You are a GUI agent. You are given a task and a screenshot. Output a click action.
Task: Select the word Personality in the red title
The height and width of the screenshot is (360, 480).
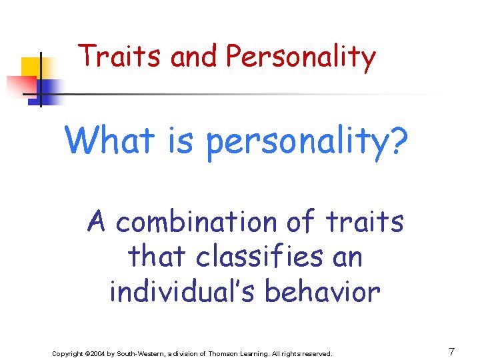[x=301, y=58]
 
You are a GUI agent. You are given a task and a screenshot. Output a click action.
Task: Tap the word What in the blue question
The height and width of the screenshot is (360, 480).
[x=109, y=140]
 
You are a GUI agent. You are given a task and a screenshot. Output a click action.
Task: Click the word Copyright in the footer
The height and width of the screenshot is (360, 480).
[x=68, y=353]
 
